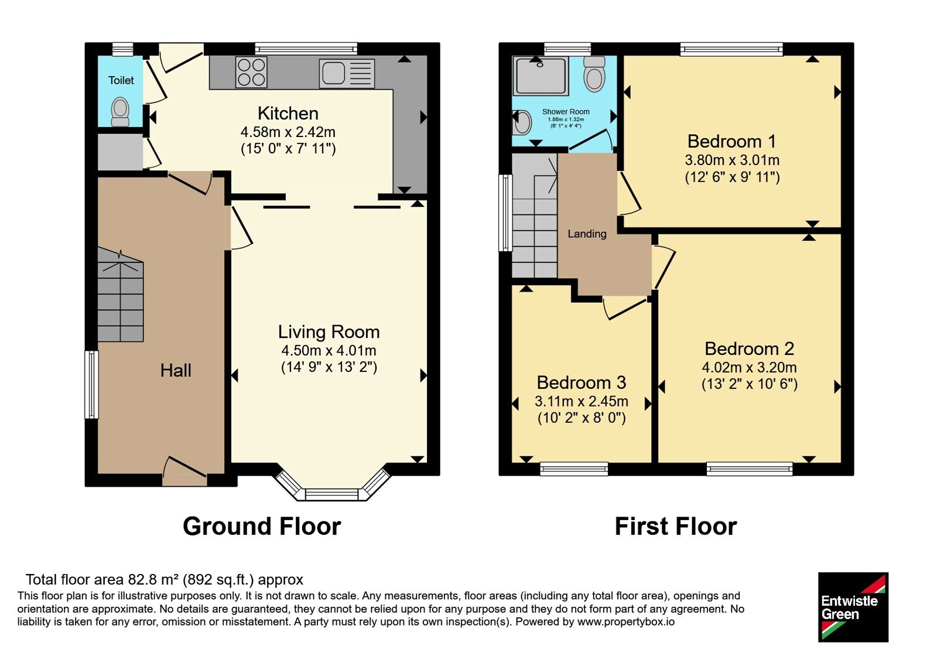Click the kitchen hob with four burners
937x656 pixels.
click(251, 73)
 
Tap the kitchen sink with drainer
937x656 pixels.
click(347, 74)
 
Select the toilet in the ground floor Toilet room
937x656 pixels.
click(121, 111)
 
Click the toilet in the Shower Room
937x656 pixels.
click(594, 74)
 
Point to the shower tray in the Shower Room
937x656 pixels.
click(541, 76)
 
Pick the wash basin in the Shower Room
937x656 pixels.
click(521, 122)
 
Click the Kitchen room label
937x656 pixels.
click(288, 114)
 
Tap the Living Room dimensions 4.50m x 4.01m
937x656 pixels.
click(329, 351)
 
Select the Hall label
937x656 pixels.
click(176, 370)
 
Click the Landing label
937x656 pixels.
click(587, 234)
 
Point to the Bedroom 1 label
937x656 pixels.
click(731, 141)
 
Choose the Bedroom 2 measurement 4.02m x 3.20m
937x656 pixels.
click(749, 367)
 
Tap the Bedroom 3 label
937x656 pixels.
click(582, 382)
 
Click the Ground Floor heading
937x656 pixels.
click(262, 527)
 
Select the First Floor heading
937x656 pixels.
click(676, 527)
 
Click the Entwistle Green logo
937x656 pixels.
click(853, 607)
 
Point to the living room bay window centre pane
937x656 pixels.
click(331, 494)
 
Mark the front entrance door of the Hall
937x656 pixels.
click(184, 472)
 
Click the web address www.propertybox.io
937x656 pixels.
click(626, 621)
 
